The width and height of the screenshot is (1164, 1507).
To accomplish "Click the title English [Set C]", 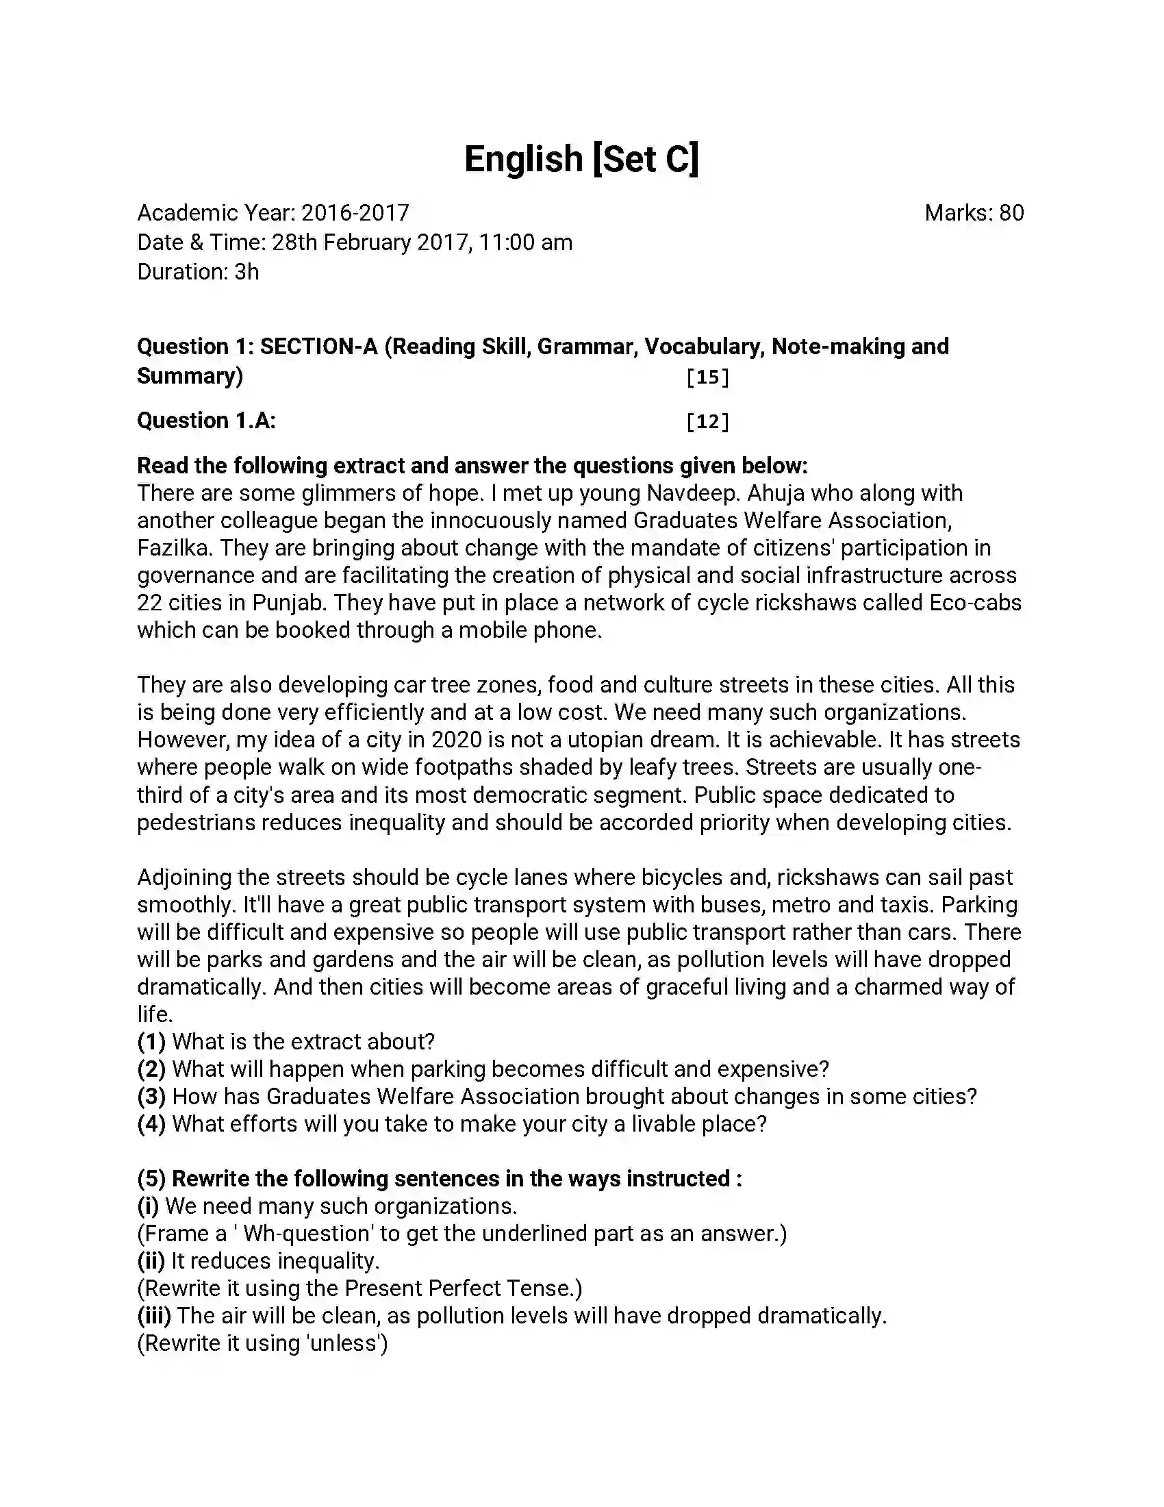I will [581, 159].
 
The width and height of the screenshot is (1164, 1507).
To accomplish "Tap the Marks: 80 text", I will [974, 213].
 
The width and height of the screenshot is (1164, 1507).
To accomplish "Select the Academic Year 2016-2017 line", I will [273, 213].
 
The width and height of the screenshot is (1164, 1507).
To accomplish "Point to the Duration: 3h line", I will [198, 272].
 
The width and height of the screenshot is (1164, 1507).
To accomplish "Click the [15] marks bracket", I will [707, 377].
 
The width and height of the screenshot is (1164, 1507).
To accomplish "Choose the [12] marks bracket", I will [707, 421].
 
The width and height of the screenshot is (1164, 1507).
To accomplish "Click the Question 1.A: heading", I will [206, 420].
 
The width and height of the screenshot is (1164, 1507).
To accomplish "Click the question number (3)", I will [151, 1097].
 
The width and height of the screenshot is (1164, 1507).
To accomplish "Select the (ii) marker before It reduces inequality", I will [151, 1260].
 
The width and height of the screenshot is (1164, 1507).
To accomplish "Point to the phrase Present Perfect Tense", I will [460, 1288].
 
